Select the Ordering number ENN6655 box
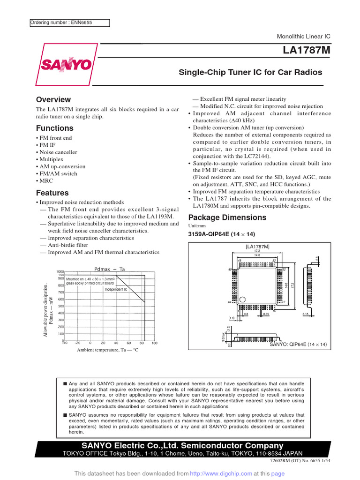tap(69, 22)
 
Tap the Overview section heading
tap(53, 99)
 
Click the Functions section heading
tap(54, 128)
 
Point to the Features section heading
tap(52, 193)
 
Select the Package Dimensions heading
tap(227, 217)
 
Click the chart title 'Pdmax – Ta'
tap(110, 269)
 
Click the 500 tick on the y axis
tap(60, 306)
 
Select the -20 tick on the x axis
tap(77, 343)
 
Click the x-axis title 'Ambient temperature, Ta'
tap(108, 350)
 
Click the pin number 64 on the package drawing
tap(230, 302)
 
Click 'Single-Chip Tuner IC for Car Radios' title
tap(251, 72)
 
